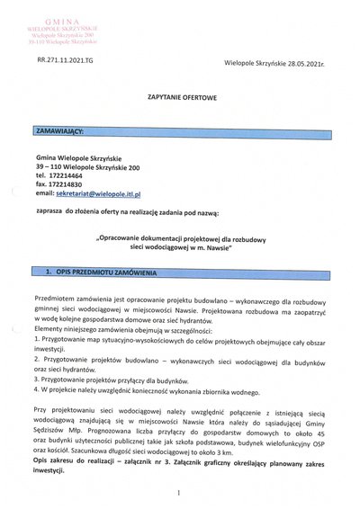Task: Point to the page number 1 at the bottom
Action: tap(180, 492)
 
